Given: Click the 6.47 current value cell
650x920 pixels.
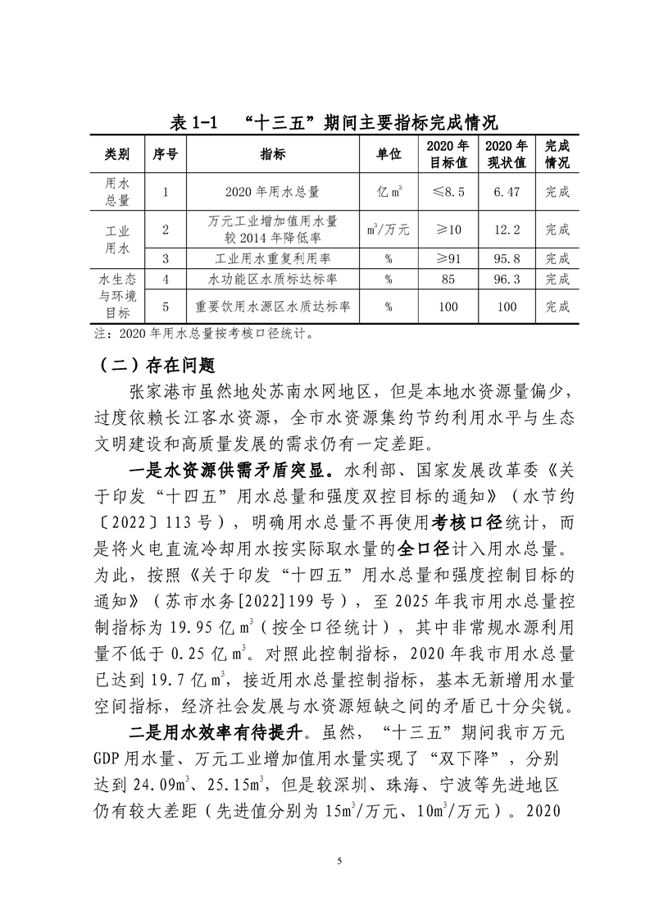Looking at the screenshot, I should click(507, 192).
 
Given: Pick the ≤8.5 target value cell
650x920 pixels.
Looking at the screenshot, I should click(449, 192).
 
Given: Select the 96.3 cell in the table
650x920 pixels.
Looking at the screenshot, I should click(507, 279).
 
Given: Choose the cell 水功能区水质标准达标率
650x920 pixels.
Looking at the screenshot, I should click(272, 279).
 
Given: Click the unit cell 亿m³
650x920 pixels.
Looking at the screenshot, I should click(389, 192).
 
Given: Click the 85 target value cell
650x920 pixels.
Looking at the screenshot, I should click(449, 279).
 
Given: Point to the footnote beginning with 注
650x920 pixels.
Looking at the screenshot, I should click(203, 334).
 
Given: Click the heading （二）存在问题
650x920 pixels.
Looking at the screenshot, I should click(156, 362).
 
